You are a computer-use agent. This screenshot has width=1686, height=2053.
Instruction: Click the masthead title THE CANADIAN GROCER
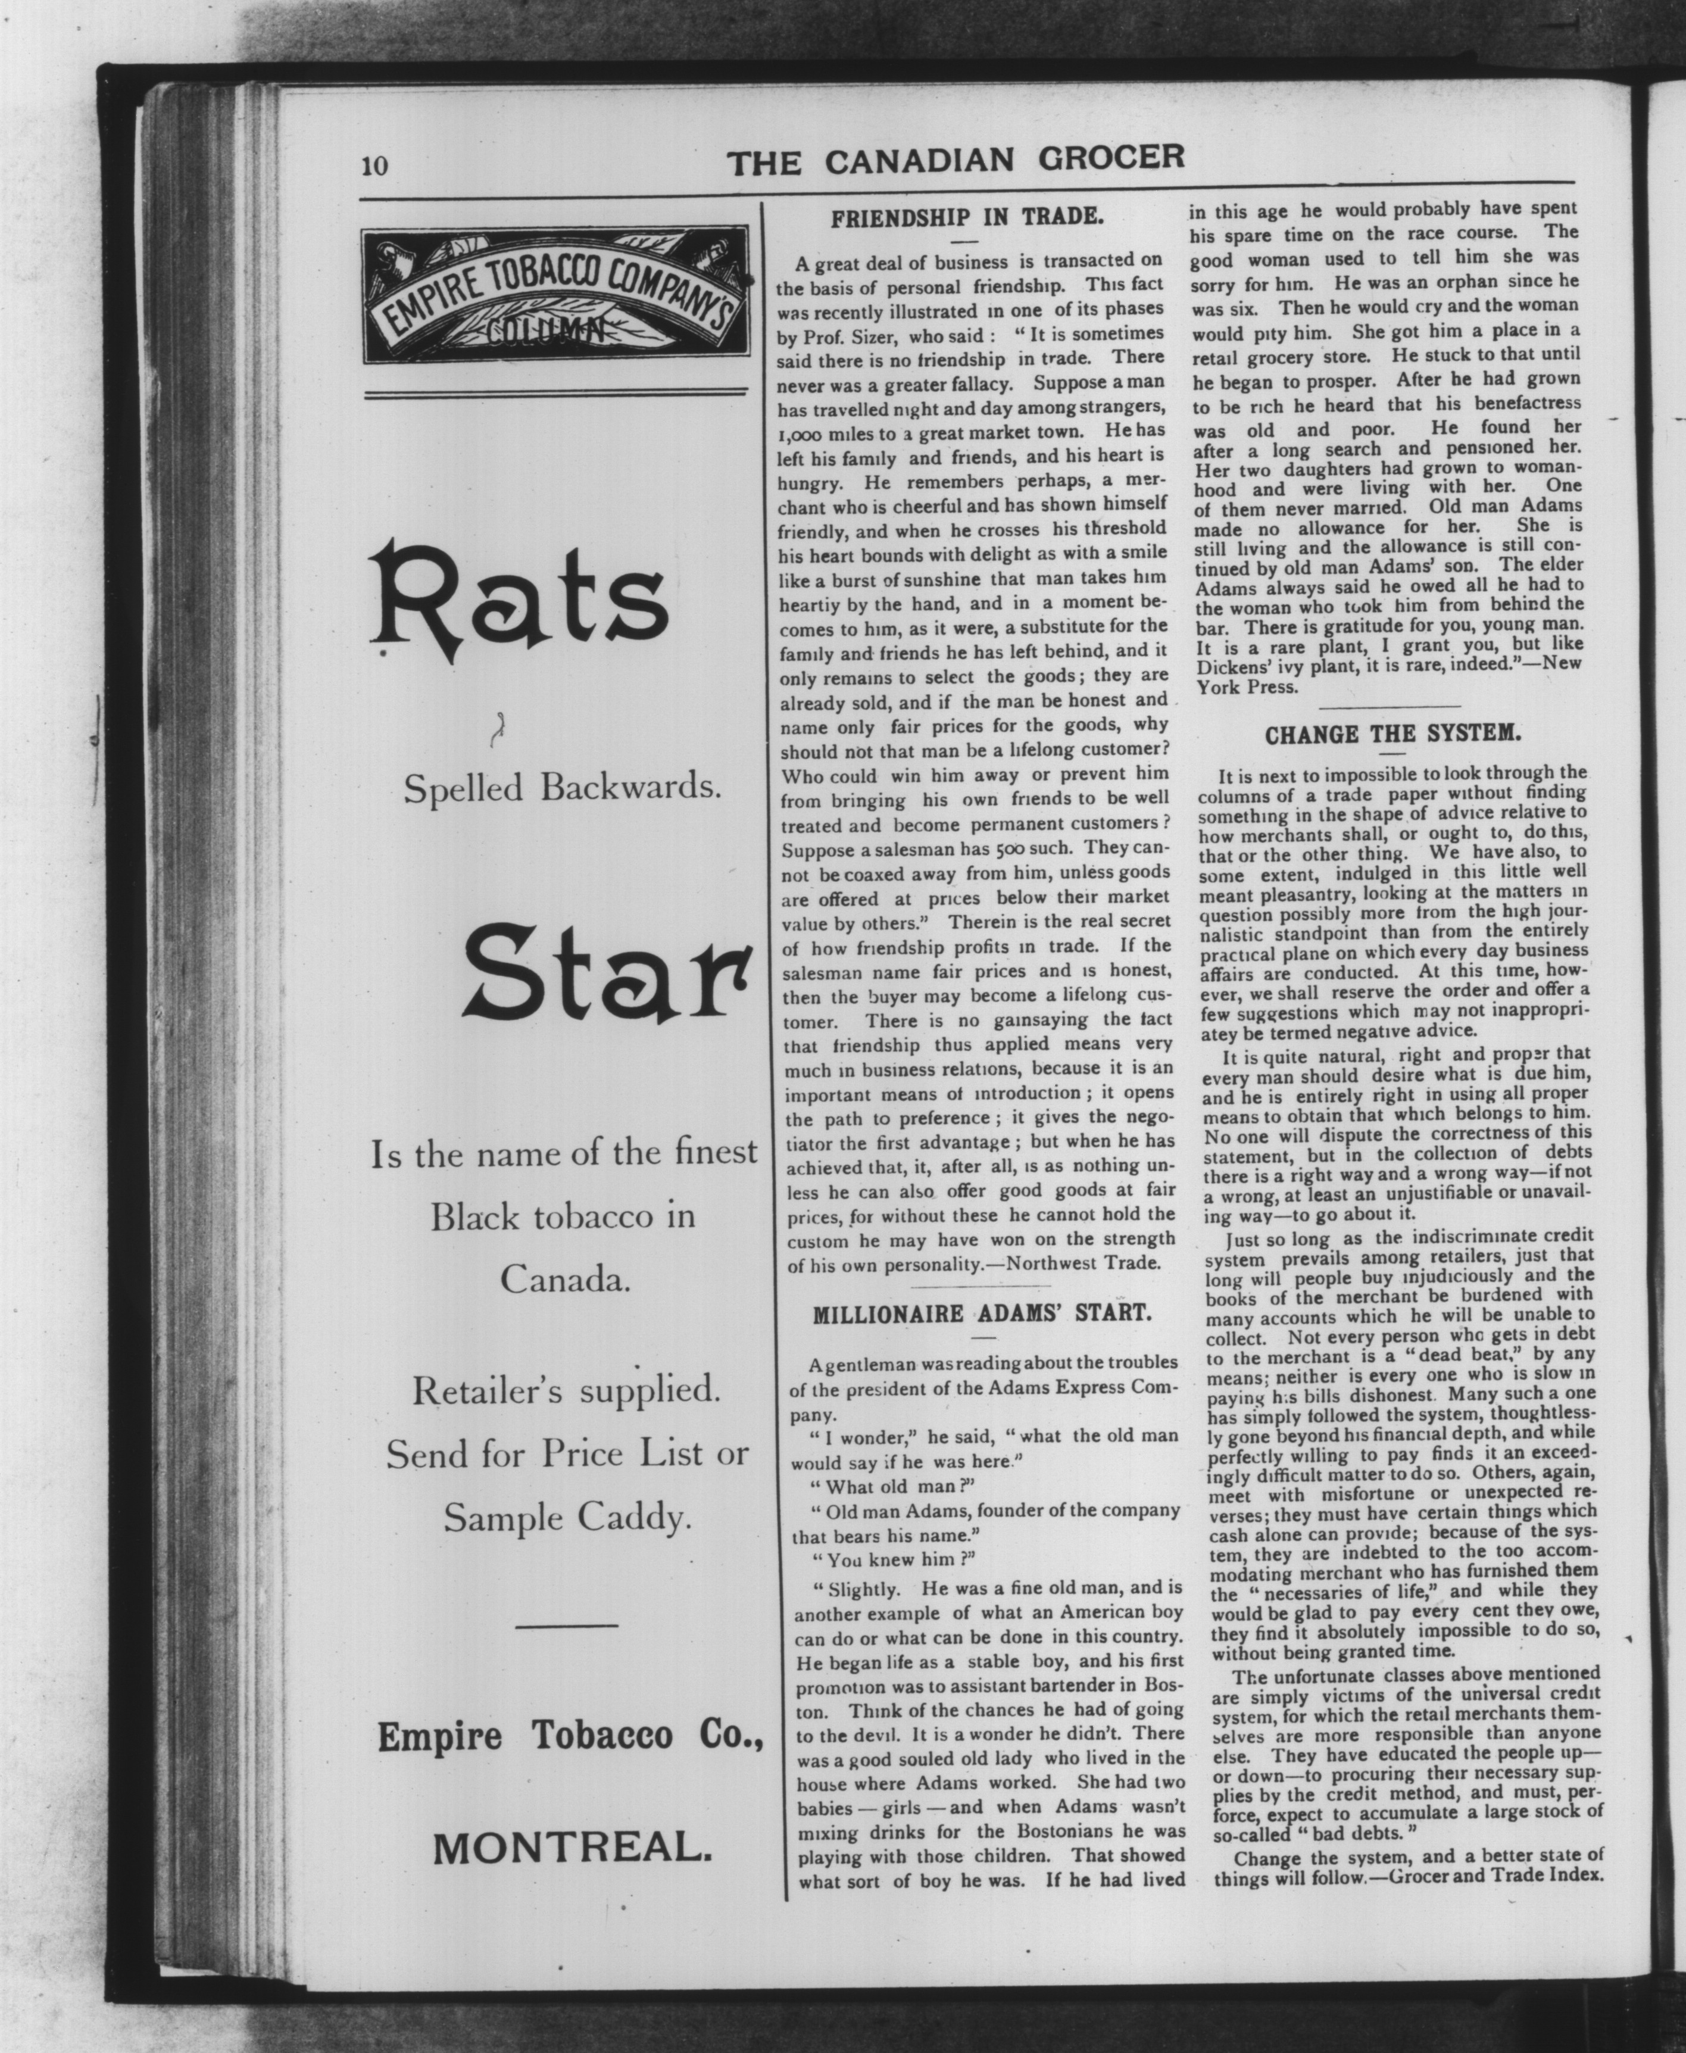(957, 159)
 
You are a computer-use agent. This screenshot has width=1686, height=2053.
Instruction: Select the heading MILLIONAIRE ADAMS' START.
(982, 1315)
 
